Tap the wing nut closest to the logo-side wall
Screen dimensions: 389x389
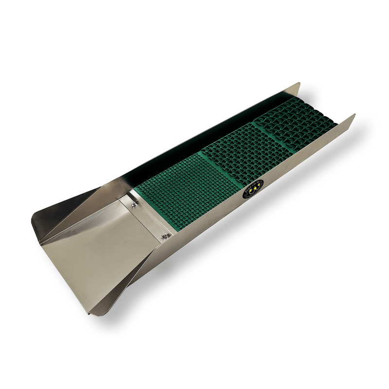(166, 236)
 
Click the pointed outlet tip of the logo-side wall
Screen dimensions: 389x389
(354, 116)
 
